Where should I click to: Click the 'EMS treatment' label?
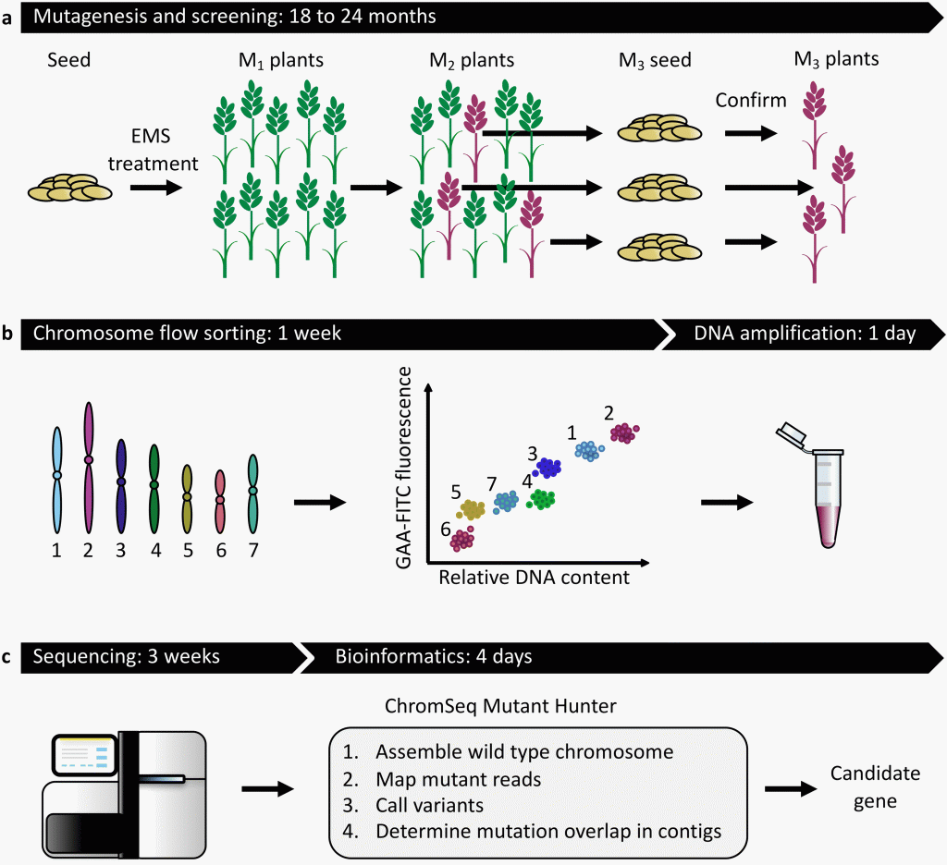(x=153, y=152)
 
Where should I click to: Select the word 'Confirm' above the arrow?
(x=752, y=101)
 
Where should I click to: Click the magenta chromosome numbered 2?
(x=89, y=467)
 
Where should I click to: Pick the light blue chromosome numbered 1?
(x=57, y=481)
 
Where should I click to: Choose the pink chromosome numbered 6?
(x=220, y=504)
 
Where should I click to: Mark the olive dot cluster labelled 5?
(x=471, y=508)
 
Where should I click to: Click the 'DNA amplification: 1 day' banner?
(x=805, y=334)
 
